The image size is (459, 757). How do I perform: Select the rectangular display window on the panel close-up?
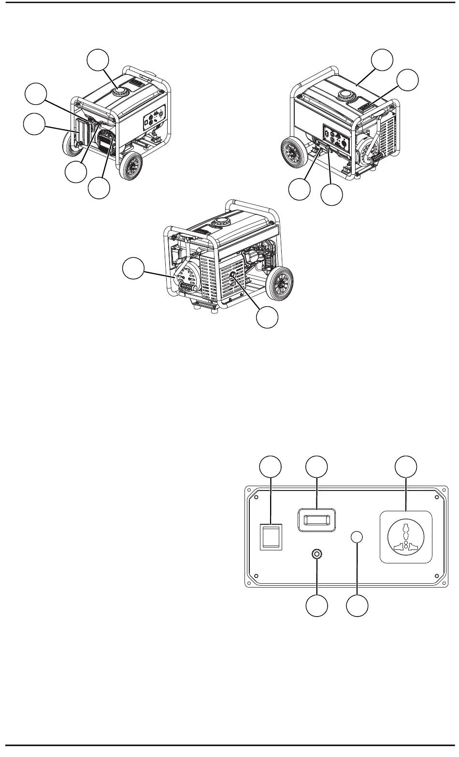pyautogui.click(x=316, y=519)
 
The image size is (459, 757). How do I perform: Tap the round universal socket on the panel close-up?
pyautogui.click(x=406, y=537)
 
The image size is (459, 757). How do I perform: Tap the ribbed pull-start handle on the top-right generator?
pyautogui.click(x=378, y=157)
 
